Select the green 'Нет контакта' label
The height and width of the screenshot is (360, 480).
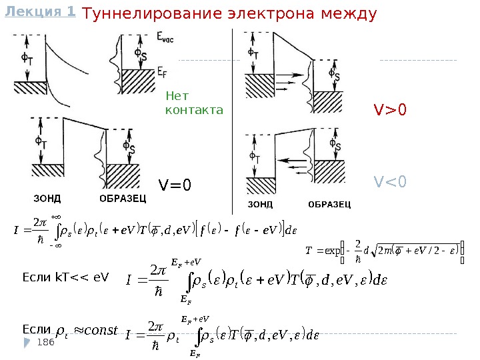click(193, 102)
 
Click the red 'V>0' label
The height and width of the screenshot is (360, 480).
click(389, 109)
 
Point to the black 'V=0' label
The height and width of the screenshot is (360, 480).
click(174, 184)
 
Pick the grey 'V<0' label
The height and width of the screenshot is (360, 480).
click(390, 181)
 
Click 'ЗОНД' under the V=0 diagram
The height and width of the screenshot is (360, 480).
click(47, 198)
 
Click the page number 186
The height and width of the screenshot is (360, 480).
click(45, 342)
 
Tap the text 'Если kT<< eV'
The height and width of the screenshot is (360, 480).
click(65, 276)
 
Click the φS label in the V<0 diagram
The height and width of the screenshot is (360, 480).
click(337, 145)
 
